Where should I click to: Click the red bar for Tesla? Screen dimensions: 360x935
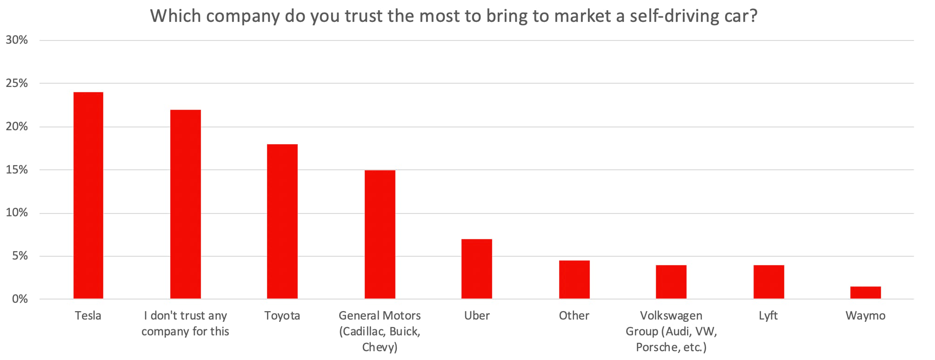pyautogui.click(x=88, y=195)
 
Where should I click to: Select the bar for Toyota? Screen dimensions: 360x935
pyautogui.click(x=282, y=221)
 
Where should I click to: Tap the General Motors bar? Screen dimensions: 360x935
pyautogui.click(x=380, y=234)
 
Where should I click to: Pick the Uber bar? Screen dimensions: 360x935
pyautogui.click(x=477, y=269)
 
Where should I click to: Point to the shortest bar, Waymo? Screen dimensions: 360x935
pyautogui.click(x=865, y=293)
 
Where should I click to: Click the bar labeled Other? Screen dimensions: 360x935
pyautogui.click(x=574, y=280)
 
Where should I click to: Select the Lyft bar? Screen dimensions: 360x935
pyautogui.click(x=768, y=282)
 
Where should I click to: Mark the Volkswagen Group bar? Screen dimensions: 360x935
pyautogui.click(x=671, y=282)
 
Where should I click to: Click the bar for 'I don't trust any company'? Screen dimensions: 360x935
pyautogui.click(x=186, y=204)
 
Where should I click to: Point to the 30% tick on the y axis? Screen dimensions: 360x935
pyautogui.click(x=17, y=40)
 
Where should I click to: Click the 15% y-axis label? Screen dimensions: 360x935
pyautogui.click(x=17, y=170)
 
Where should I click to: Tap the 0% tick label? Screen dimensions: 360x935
pyautogui.click(x=20, y=299)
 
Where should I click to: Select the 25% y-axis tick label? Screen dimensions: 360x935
pyautogui.click(x=17, y=84)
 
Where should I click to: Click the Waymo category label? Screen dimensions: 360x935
pyautogui.click(x=865, y=315)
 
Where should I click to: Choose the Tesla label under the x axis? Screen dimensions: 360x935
pyautogui.click(x=88, y=315)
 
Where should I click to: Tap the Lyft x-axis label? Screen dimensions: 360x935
pyautogui.click(x=768, y=315)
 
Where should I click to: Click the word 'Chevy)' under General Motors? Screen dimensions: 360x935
pyautogui.click(x=380, y=347)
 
